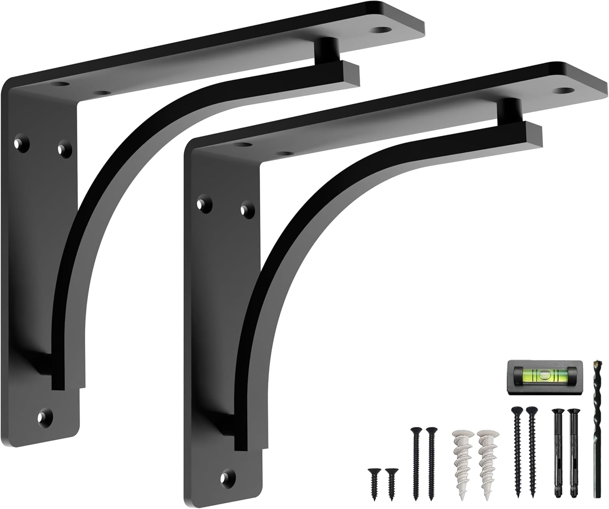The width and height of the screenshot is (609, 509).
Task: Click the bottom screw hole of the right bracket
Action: [227, 476]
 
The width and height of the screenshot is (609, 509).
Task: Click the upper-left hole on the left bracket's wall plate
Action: [19, 143]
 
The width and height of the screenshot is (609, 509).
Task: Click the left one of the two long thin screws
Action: [415, 463]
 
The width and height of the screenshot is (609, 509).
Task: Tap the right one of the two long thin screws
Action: [431, 463]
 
